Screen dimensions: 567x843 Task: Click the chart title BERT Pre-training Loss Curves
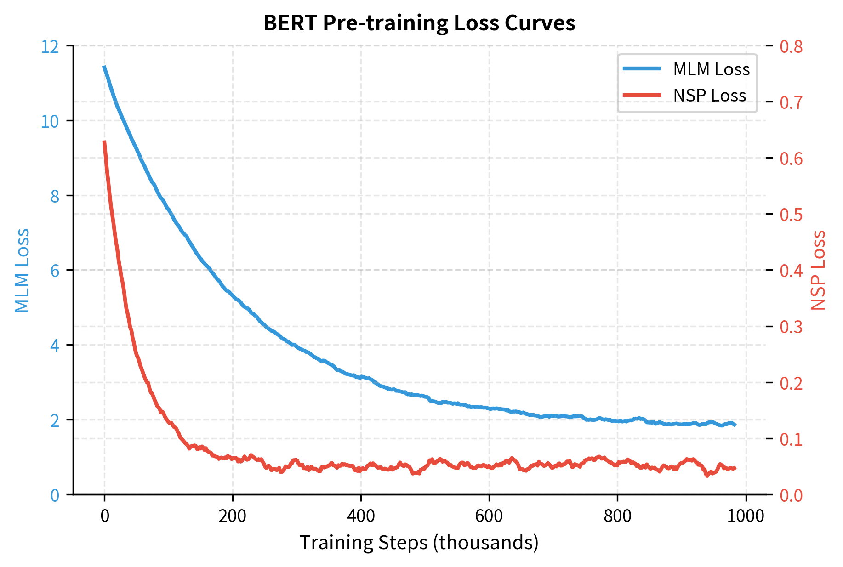coord(419,23)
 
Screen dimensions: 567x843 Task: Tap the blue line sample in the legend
coord(642,69)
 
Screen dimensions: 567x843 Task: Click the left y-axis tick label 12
coord(50,46)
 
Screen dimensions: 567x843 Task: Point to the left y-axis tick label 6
coord(55,271)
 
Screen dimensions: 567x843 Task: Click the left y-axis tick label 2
coord(55,420)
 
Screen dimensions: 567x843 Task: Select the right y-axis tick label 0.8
coord(791,46)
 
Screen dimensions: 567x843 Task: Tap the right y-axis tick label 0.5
coord(791,215)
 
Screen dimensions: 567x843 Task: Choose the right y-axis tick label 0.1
coord(791,439)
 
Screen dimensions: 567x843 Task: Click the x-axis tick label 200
coord(232,516)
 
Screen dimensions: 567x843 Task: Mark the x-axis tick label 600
coord(489,516)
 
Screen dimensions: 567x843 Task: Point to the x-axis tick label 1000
coord(745,516)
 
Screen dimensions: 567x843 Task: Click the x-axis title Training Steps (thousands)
coord(419,543)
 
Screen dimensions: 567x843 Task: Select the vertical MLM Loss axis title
coord(22,270)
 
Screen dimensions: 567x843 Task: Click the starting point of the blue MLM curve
coord(104,67)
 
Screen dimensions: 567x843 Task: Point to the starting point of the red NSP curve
coord(104,142)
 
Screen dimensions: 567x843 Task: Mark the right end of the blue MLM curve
coord(735,425)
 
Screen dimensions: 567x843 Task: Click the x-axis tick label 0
coord(105,516)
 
